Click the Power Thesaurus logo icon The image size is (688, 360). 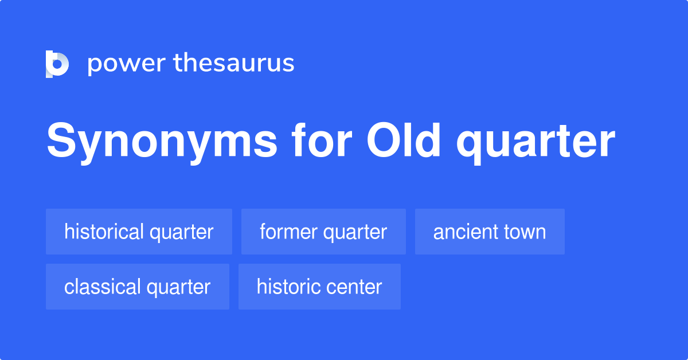pos(57,64)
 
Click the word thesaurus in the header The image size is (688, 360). pos(234,63)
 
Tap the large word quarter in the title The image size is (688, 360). pos(536,142)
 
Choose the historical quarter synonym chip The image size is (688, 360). pos(139,232)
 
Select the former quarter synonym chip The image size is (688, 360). pos(323,232)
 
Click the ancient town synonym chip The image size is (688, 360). pos(490,232)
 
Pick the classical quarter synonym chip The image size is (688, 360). pos(138,287)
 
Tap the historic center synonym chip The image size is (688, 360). pos(319,287)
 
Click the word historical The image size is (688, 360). pos(104,232)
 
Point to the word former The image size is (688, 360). pos(288,232)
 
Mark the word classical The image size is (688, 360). pos(101,287)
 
